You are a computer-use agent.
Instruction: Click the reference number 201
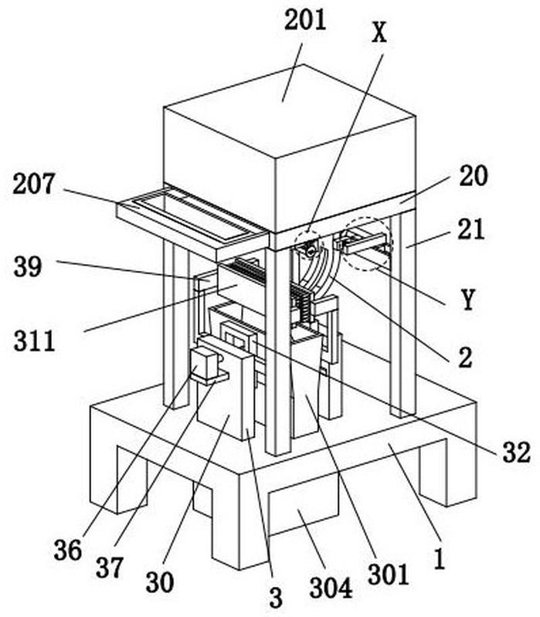point(306,20)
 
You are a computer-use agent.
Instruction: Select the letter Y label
point(466,300)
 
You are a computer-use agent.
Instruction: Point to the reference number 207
point(33,184)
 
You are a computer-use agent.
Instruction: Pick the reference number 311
point(34,340)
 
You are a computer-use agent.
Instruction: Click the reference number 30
point(159,581)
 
